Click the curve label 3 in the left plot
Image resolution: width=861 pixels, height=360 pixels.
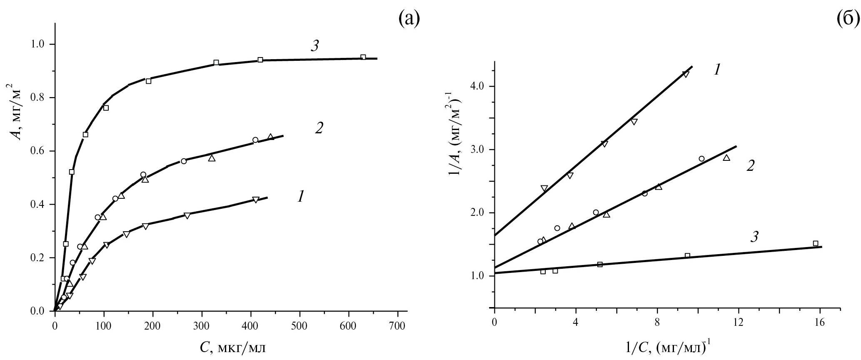click(x=315, y=46)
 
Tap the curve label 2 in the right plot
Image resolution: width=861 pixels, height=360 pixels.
click(x=750, y=165)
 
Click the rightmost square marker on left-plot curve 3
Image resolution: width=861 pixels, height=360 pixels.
click(x=363, y=57)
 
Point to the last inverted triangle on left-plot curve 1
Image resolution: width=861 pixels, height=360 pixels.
click(x=256, y=200)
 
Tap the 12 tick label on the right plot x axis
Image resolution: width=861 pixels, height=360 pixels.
click(x=738, y=323)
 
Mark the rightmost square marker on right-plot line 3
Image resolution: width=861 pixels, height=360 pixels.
click(x=815, y=243)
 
